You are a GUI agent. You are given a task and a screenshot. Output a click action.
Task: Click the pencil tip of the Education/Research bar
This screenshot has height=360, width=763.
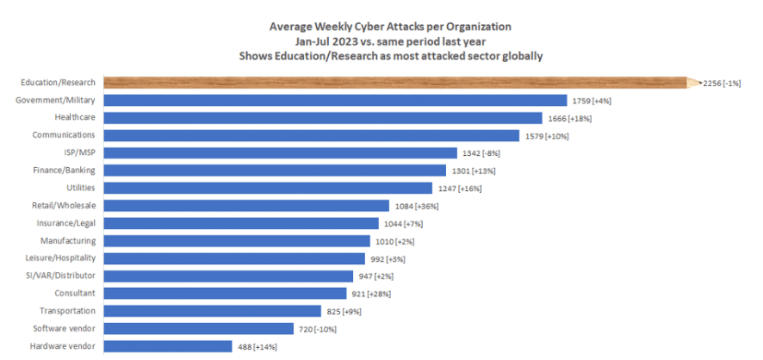point(702,83)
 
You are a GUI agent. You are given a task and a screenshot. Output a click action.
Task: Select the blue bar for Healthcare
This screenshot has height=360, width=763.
point(323,118)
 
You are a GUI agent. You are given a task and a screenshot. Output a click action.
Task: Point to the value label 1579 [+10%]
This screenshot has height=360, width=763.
point(546,136)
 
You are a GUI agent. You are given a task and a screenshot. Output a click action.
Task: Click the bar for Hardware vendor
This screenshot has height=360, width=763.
point(168,346)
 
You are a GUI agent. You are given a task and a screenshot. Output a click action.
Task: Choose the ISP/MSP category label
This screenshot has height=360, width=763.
point(80,152)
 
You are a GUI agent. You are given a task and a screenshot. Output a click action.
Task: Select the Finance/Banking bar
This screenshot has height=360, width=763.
point(275,171)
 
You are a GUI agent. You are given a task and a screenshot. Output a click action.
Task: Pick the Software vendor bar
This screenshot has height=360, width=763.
point(199,329)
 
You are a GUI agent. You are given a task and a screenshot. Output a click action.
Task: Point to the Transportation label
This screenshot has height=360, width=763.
point(68,311)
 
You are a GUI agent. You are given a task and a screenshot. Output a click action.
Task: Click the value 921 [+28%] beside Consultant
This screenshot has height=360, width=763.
point(371,294)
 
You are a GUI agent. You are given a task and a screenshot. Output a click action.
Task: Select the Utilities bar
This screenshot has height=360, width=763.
point(268,189)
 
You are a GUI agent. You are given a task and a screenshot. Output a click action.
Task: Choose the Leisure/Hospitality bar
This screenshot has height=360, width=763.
point(234,258)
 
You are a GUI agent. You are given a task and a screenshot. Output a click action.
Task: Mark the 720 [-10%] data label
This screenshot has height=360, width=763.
point(317,329)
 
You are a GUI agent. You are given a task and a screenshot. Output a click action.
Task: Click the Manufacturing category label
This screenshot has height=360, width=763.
point(68,241)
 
